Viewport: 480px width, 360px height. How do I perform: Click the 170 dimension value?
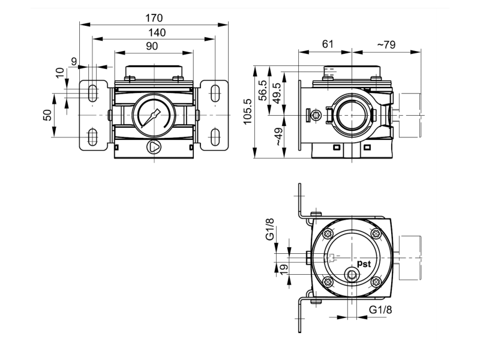pos(154,18)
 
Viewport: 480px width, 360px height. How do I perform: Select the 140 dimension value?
pos(157,32)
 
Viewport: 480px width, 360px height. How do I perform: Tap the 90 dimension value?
pos(152,46)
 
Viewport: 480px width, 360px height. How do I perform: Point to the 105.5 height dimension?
pos(247,111)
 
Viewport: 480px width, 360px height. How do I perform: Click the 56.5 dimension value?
pos(263,91)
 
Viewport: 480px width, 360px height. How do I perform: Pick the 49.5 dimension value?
pos(277,93)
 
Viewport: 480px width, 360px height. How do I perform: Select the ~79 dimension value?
pos(386,44)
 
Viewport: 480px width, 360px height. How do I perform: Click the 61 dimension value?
pos(328,44)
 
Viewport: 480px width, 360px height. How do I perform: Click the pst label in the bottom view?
pos(364,263)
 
